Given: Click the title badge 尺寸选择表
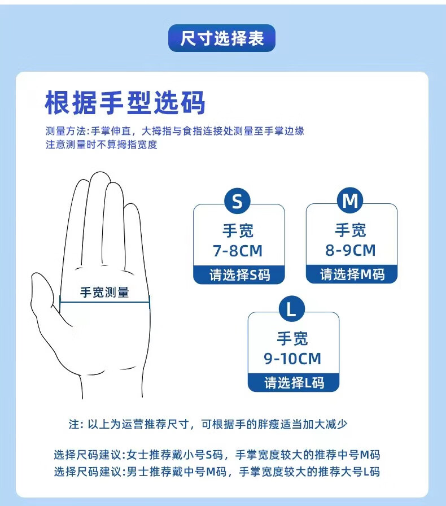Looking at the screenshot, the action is [x=222, y=38].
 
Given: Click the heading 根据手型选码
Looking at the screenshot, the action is [x=125, y=103].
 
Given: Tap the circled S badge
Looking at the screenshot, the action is [x=237, y=200].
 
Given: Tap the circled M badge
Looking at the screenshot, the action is [x=350, y=200].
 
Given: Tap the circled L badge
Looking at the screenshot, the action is [x=292, y=309].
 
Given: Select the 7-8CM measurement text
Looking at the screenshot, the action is [x=238, y=251].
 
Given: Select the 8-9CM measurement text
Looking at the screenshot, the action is [x=351, y=250].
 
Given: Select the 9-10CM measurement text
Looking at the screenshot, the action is [x=292, y=359].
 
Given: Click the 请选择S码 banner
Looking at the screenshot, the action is [x=239, y=275].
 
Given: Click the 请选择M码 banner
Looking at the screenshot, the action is [x=352, y=274].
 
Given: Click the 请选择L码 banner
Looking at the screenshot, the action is [x=294, y=383].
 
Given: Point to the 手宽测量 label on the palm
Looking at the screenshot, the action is [x=104, y=293].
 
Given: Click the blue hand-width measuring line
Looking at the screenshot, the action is [x=105, y=302].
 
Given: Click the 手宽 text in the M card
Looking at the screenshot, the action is [x=351, y=230].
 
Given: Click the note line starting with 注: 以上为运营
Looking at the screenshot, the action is [x=208, y=424].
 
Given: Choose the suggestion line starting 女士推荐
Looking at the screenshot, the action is [x=217, y=455].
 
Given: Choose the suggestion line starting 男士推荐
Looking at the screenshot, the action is [x=217, y=472].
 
